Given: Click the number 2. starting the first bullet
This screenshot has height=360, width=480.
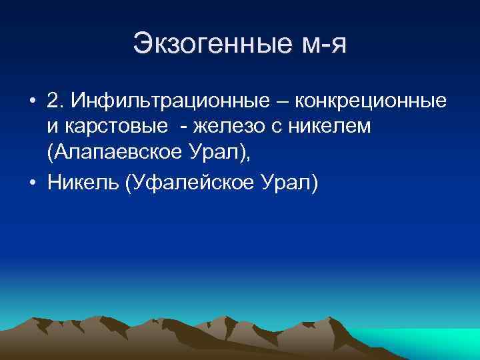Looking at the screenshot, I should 56,101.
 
